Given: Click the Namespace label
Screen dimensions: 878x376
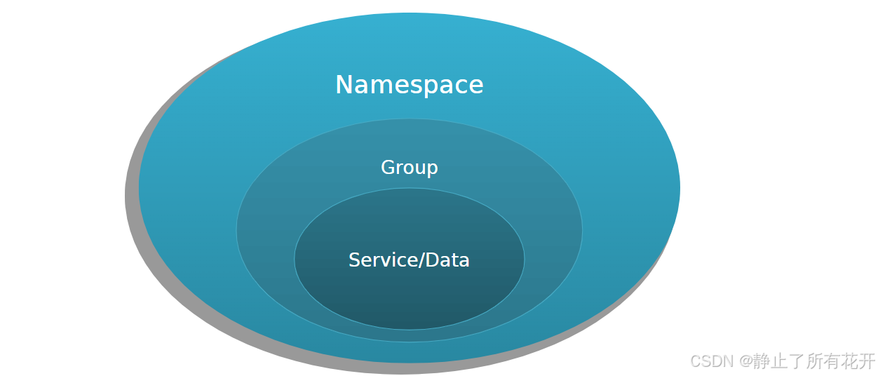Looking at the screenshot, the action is [410, 85].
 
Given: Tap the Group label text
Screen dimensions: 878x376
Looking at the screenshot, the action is [410, 168].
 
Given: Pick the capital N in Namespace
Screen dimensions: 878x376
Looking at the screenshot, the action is [344, 85].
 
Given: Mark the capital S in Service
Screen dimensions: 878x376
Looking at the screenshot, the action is [354, 260].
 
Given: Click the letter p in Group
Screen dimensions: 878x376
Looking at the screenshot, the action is [433, 169].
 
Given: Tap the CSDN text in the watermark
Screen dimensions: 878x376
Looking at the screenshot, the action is [711, 361].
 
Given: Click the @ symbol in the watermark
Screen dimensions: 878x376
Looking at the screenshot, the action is [745, 361].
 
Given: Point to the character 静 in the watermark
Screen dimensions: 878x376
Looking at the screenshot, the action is [762, 361].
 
